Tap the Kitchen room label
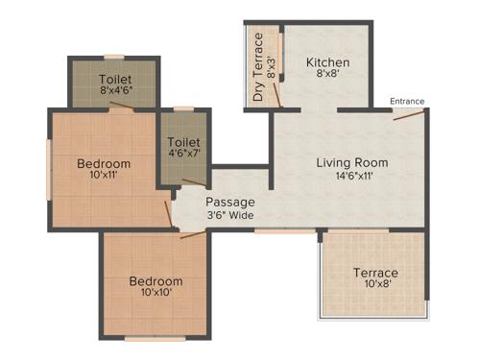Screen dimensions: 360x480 coord(327,63)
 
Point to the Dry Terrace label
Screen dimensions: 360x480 coord(258,68)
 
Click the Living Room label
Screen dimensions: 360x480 coord(351,162)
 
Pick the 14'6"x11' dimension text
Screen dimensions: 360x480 coord(351,177)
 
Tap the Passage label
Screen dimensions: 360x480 coord(230,202)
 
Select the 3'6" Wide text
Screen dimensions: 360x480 coord(230,216)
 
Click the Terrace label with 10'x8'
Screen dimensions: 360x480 coord(374,273)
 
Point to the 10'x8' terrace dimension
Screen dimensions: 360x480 coord(374,286)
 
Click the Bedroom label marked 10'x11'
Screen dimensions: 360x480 coord(104,164)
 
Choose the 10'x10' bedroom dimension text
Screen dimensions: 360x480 coord(156,294)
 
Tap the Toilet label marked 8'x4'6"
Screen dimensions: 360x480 coord(114,79)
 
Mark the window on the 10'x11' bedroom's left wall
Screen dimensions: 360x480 coord(49,171)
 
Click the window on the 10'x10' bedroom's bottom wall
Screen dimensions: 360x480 coord(155,338)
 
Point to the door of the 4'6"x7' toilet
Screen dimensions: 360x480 coord(194,181)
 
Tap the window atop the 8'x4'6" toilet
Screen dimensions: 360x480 coord(114,57)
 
